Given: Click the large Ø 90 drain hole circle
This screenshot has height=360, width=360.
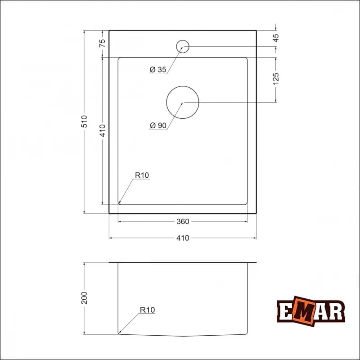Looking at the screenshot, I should point(182,102).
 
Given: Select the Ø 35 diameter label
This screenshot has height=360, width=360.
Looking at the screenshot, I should point(158,69).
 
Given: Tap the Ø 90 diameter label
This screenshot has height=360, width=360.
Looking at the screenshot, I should point(158,126).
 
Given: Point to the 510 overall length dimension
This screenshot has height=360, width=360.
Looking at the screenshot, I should point(84,122).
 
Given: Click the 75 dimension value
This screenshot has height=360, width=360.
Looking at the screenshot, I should point(102,43).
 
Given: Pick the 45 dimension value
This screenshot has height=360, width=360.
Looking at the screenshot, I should point(276,38).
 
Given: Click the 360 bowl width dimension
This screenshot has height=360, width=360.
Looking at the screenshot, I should point(183,221).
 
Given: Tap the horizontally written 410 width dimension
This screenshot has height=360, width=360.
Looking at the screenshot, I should point(183,238).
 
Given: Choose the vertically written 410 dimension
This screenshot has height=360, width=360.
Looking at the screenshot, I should point(102,130).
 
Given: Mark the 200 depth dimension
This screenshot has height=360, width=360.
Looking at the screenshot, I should point(84,298).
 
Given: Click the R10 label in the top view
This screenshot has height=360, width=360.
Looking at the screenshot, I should point(142,175).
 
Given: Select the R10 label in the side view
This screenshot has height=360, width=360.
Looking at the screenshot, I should point(147,310).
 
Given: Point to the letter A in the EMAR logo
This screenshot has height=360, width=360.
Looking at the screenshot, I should point(321,311).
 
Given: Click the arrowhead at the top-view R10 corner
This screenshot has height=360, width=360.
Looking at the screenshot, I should point(120,202).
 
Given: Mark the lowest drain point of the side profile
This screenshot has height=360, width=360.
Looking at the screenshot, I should point(182,336).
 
